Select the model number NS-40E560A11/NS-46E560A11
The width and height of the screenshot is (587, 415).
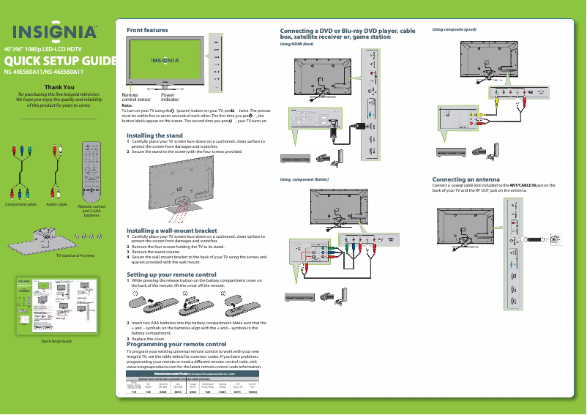tap(43, 72)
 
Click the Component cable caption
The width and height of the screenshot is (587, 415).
tap(21, 204)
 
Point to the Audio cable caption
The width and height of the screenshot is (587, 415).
tap(56, 204)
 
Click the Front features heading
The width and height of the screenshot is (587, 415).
tap(147, 30)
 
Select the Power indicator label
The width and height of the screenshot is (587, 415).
tap(173, 97)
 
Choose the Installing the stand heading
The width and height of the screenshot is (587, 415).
tap(154, 135)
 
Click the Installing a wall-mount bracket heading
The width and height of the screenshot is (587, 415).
tap(171, 231)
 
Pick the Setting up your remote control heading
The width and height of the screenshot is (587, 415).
tap(171, 274)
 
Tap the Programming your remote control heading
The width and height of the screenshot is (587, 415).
tap(176, 344)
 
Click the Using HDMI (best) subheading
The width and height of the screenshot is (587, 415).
tap(297, 44)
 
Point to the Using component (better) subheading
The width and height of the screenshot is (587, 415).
tap(304, 179)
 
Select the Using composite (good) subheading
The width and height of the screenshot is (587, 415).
tap(455, 29)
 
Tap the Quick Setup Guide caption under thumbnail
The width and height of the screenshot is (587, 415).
tap(55, 342)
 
